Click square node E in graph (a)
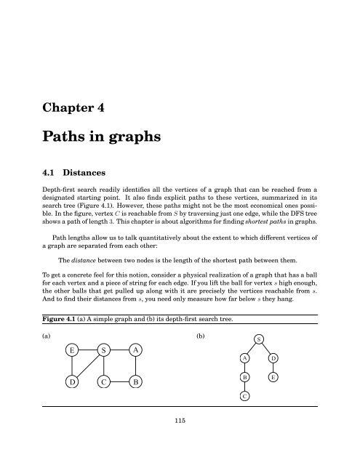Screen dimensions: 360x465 [73, 350]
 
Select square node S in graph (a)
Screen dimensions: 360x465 [104, 350]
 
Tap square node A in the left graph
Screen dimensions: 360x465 [135, 350]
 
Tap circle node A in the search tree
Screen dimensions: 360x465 [246, 358]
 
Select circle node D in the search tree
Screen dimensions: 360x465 [273, 358]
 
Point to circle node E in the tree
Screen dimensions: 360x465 [273, 378]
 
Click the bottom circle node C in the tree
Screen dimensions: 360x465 [246, 397]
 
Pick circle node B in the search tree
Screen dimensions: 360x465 [246, 378]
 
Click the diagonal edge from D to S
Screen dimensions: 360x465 [88, 365]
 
